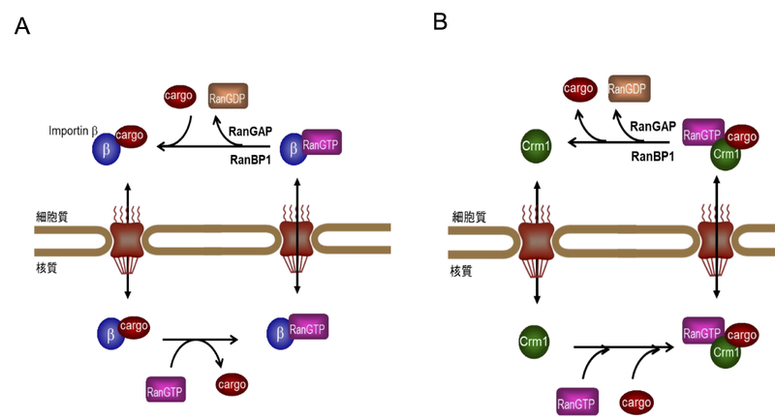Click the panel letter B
click(441, 20)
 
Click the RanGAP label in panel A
click(252, 131)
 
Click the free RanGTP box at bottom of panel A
click(165, 391)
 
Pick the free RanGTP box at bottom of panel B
click(577, 401)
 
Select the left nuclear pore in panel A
click(127, 240)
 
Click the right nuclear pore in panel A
click(294, 240)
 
